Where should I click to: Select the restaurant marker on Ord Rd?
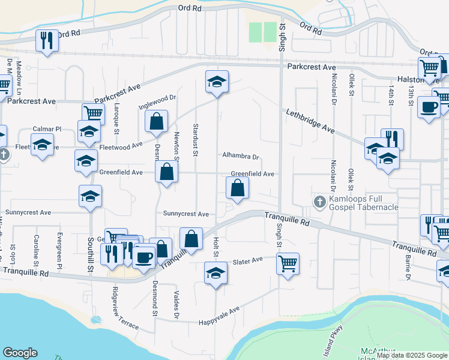pyautogui.click(x=47, y=40)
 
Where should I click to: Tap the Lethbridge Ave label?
pyautogui.click(x=310, y=121)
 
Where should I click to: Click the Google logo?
pyautogui.click(x=20, y=353)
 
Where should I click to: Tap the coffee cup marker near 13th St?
pyautogui.click(x=428, y=107)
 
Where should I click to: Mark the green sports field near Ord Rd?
pyautogui.click(x=262, y=32)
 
